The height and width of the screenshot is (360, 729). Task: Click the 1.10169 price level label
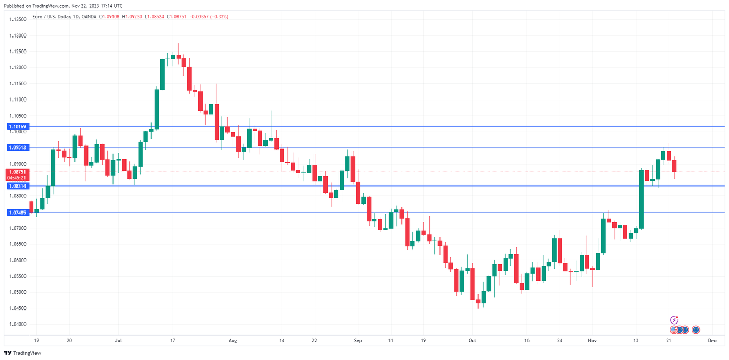18,127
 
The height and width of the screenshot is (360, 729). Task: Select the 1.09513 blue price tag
18,148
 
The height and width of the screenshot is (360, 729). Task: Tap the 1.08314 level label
18,186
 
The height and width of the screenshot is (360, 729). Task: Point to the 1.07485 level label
18,213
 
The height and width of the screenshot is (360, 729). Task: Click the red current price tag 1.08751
18,172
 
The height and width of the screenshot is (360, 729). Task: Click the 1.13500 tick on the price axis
18,20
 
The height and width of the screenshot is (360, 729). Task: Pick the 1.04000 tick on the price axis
18,324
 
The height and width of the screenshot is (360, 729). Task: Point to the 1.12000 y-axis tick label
18,68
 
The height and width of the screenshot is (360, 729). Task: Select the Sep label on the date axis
358,340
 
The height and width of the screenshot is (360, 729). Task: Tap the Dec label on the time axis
711,340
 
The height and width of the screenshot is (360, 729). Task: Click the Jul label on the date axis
118,340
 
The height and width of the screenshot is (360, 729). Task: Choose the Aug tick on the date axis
233,340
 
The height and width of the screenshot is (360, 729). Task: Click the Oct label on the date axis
472,340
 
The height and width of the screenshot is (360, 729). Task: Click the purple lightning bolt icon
674,320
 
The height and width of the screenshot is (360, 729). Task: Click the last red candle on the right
674,166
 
